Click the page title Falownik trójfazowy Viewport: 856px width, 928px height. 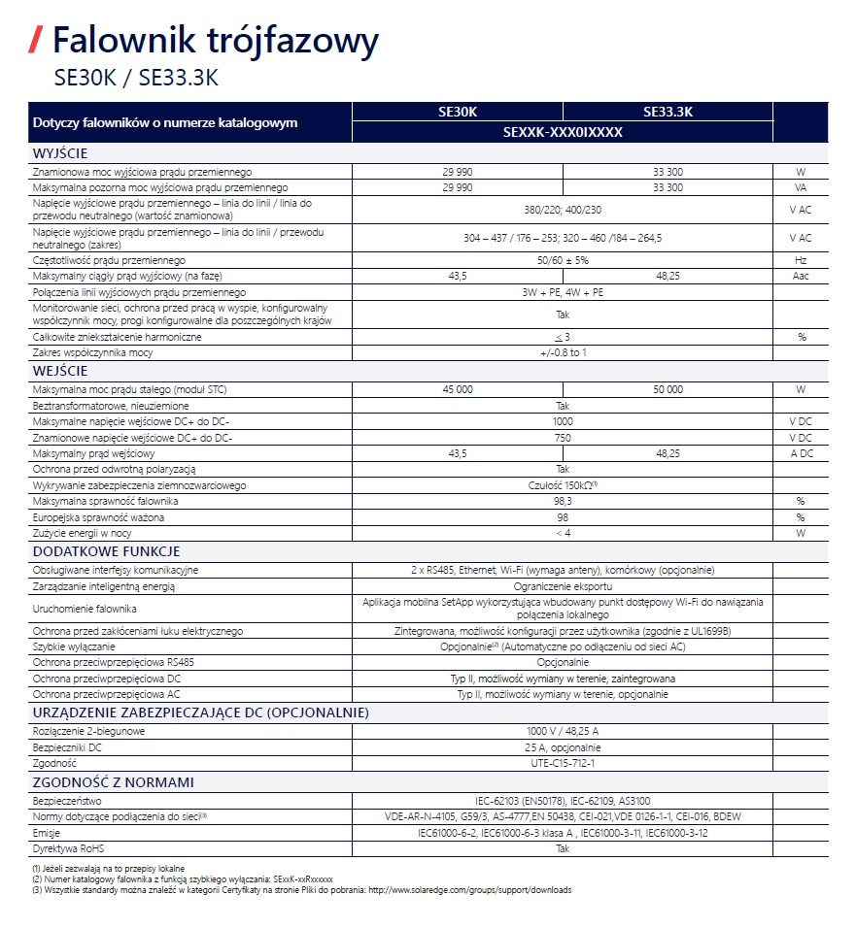click(215, 41)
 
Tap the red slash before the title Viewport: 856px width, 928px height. click(36, 41)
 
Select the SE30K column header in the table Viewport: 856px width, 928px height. click(457, 112)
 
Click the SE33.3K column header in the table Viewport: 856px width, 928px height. click(668, 112)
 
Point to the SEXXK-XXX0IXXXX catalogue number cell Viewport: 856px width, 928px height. click(563, 132)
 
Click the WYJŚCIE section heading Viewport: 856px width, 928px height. click(60, 153)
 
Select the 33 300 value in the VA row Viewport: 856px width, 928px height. click(668, 186)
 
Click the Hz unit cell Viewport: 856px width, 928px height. click(802, 260)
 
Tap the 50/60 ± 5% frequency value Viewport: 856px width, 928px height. click(563, 260)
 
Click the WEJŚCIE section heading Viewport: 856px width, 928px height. click(60, 371)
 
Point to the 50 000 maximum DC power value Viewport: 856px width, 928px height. click(668, 389)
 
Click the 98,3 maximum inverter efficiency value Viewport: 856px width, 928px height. click(563, 501)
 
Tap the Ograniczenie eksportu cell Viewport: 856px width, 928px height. click(563, 586)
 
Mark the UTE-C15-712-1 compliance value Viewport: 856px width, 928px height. click(563, 763)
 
